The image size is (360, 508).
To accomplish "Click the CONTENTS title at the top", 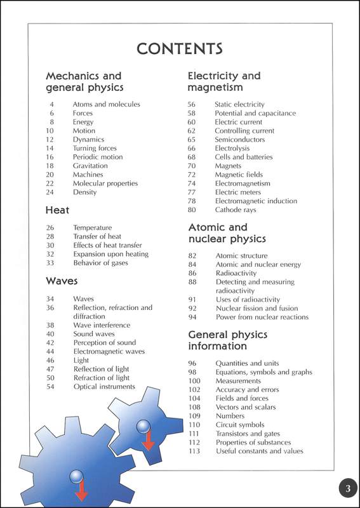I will [180, 48].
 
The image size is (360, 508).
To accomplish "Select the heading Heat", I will [57, 210].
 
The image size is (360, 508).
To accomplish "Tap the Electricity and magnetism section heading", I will [223, 81].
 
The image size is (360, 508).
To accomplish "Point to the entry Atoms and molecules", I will [106, 104].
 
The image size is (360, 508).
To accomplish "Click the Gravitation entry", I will [90, 166].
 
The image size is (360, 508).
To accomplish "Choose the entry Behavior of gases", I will [100, 263].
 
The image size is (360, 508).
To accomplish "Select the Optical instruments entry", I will [104, 386].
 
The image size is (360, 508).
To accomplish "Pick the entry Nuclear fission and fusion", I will [256, 308].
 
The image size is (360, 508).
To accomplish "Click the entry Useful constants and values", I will [259, 451].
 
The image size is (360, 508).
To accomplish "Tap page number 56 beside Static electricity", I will [191, 104].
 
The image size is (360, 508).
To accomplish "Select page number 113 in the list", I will [194, 451].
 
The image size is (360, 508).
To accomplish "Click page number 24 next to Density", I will [51, 192].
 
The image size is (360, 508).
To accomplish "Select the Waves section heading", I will [62, 280].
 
